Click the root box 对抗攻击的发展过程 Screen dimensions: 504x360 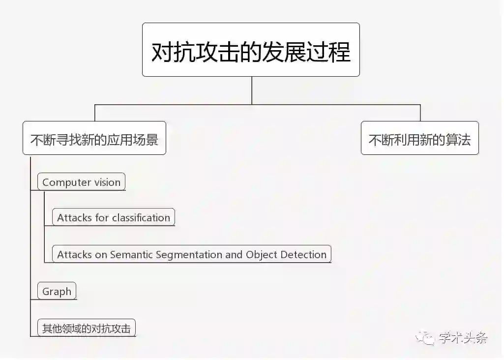[x=251, y=50]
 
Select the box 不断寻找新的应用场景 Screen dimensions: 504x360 [x=94, y=140]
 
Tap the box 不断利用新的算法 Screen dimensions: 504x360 [x=419, y=140]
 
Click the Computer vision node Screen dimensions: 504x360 [x=81, y=182]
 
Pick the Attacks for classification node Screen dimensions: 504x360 [x=113, y=217]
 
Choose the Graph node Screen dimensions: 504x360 [x=57, y=291]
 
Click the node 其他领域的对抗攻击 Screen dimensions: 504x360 [x=86, y=329]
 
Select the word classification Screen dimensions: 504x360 [x=141, y=217]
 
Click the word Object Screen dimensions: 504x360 [x=262, y=255]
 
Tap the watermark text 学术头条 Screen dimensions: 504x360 [x=463, y=338]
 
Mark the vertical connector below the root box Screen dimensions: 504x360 [x=252, y=90]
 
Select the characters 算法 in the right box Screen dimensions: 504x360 [x=459, y=140]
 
